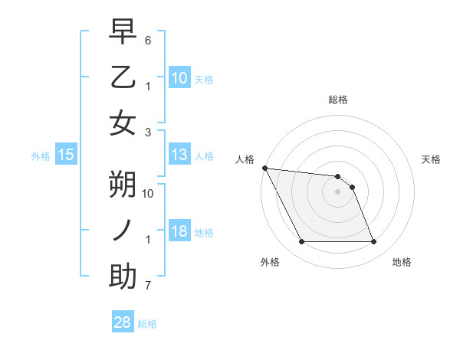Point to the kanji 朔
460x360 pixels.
(x=123, y=184)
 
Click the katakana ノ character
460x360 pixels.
(x=123, y=230)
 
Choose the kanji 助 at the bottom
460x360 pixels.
(x=123, y=276)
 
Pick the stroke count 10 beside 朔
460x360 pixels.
(x=149, y=194)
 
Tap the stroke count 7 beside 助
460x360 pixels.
(x=148, y=286)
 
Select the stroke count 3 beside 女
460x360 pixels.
(x=148, y=133)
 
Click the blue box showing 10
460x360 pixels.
(x=179, y=78)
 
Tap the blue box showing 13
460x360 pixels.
(x=179, y=155)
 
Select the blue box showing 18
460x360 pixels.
(x=179, y=232)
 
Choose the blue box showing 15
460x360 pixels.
(x=66, y=155)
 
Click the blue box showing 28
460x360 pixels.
(x=123, y=322)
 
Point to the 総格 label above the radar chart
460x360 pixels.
(x=337, y=100)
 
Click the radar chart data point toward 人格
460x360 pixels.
(x=264, y=169)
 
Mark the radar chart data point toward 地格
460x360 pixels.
(x=373, y=242)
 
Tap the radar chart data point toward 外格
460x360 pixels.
(x=301, y=242)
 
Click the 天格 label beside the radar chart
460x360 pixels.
(x=432, y=159)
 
